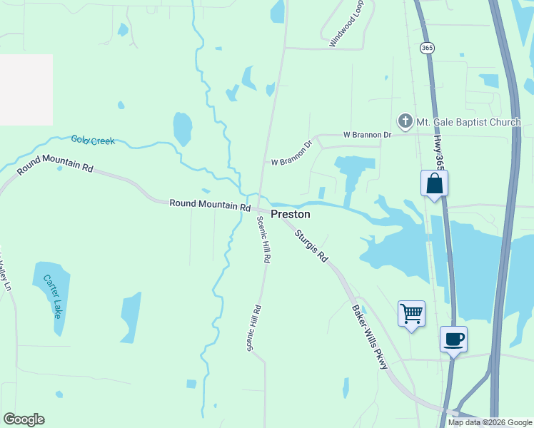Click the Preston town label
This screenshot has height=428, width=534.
click(x=290, y=213)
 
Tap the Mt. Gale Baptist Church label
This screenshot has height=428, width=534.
click(x=469, y=122)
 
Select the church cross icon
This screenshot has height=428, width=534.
click(x=405, y=121)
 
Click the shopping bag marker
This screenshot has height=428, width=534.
click(x=434, y=184)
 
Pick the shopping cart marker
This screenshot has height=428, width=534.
click(x=411, y=314)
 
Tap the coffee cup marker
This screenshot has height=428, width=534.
click(x=453, y=339)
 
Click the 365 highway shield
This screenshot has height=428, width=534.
click(x=427, y=48)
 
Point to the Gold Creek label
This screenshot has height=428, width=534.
click(x=93, y=141)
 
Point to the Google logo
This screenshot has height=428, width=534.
click(x=24, y=419)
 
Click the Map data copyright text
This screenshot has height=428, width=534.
click(x=490, y=422)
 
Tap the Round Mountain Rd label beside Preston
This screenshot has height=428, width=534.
click(x=210, y=205)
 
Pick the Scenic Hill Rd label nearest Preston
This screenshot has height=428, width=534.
click(x=263, y=240)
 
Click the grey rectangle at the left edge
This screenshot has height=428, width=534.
click(x=26, y=89)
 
